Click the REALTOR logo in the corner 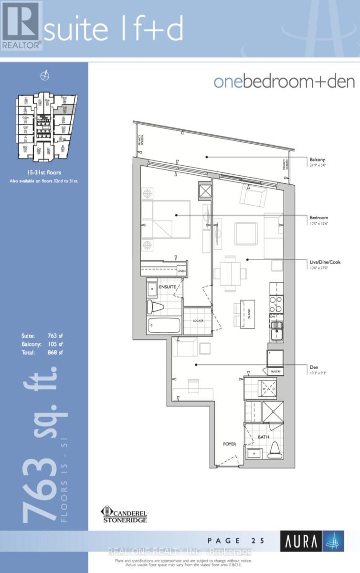[x=21, y=25]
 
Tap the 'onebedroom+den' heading [x=284, y=82]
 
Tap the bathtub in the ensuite [x=164, y=326]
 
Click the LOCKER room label [x=198, y=320]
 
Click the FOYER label [x=230, y=444]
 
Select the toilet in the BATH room [x=274, y=448]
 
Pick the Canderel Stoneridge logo [x=124, y=514]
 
